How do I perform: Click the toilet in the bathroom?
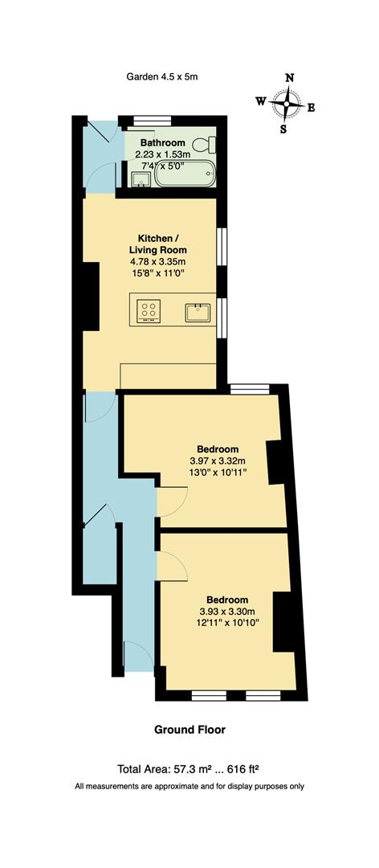pos(210,144)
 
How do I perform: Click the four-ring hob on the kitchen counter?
pos(150,310)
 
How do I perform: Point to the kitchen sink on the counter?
pos(198,311)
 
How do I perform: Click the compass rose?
pos(286,103)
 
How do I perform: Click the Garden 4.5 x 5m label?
pos(161,77)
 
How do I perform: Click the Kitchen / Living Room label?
pos(157,244)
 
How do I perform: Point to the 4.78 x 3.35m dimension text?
pos(157,261)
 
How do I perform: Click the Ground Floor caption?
pos(189,730)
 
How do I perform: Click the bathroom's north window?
pos(147,122)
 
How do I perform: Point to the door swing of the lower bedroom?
pos(171,565)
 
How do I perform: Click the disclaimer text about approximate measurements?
pos(189,786)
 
